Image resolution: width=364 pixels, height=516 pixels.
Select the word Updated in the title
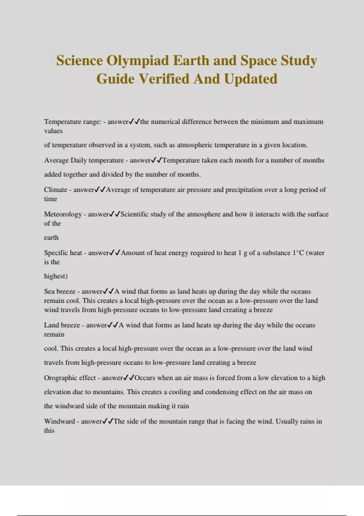click(251, 79)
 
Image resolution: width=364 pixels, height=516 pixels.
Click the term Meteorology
click(63, 214)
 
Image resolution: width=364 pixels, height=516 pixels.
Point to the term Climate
click(56, 190)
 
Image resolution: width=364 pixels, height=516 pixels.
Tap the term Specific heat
click(63, 253)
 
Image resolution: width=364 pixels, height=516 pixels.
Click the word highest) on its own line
click(56, 276)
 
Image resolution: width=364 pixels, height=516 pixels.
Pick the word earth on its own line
click(51, 238)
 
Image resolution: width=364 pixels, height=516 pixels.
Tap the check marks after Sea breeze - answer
click(108, 291)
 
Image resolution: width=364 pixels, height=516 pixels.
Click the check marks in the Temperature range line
click(134, 122)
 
